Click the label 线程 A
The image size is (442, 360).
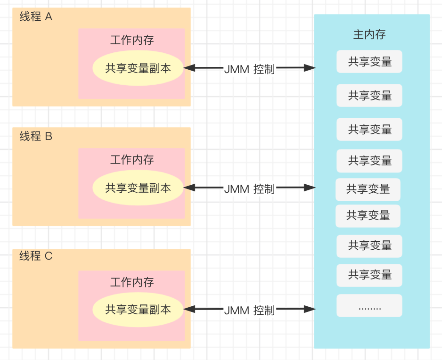pyautogui.click(x=36, y=17)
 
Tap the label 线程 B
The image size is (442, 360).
pyautogui.click(x=36, y=137)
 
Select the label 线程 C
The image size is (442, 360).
pyautogui.click(x=36, y=256)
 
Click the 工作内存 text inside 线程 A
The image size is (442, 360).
pyautogui.click(x=132, y=40)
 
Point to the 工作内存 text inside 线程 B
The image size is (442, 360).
pyautogui.click(x=132, y=160)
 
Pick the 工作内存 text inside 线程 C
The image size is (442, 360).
pyautogui.click(x=132, y=282)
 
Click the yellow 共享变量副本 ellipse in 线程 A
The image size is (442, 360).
pyautogui.click(x=138, y=68)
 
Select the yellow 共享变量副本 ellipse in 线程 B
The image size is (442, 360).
pyautogui.click(x=138, y=188)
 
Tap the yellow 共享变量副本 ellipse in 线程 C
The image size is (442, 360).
pyautogui.click(x=138, y=310)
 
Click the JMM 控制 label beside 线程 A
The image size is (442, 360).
pyautogui.click(x=249, y=69)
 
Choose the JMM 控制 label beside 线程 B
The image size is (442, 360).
pyautogui.click(x=249, y=189)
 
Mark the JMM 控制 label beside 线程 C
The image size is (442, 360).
pyautogui.click(x=249, y=311)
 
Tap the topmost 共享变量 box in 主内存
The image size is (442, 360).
pyautogui.click(x=369, y=62)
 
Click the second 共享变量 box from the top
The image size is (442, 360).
pyautogui.click(x=369, y=96)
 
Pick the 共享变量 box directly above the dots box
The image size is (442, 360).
pyautogui.click(x=369, y=275)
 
